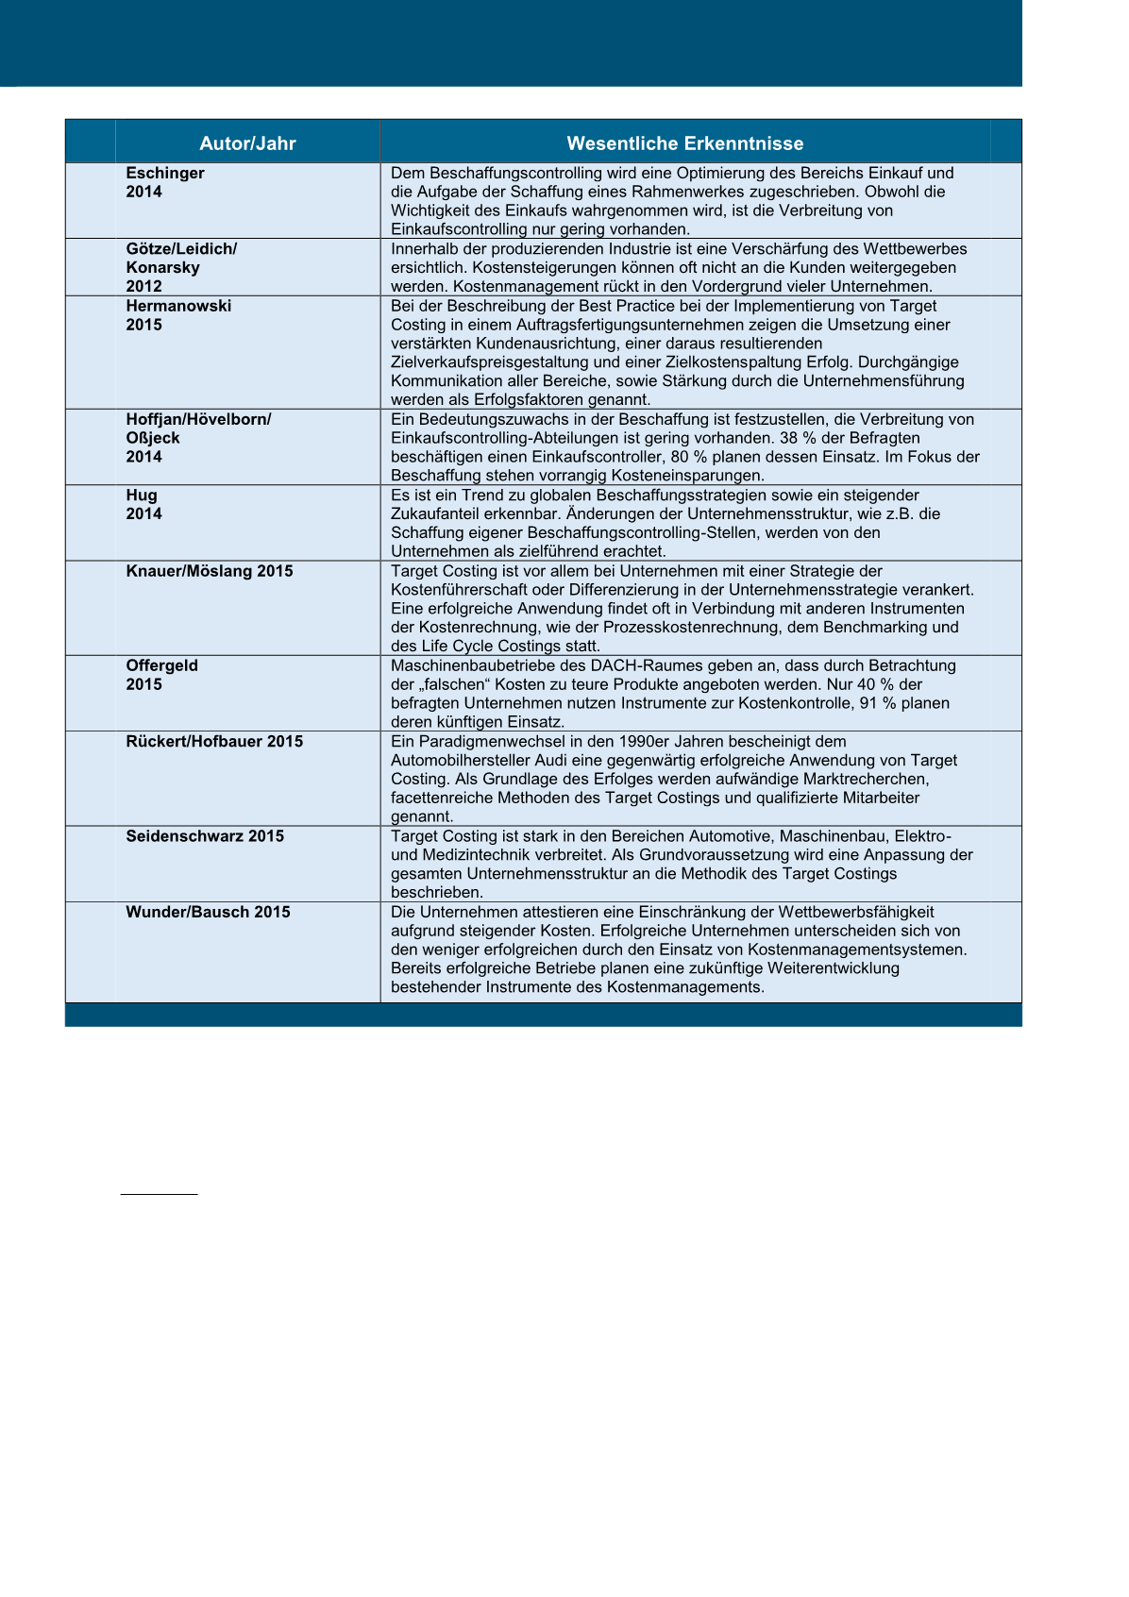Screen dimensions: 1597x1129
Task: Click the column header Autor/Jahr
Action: tap(247, 143)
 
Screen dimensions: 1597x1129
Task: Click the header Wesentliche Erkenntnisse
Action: tap(684, 143)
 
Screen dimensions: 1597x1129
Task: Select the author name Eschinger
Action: tap(165, 173)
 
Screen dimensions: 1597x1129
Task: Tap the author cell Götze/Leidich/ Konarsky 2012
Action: tap(181, 267)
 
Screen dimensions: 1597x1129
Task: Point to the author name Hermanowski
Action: tap(178, 306)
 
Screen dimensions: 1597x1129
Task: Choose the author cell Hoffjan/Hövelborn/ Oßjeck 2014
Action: tap(198, 438)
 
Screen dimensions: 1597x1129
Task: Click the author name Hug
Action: tap(142, 495)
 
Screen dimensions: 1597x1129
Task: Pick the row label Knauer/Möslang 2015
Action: tap(210, 571)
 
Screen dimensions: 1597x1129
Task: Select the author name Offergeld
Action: tap(162, 665)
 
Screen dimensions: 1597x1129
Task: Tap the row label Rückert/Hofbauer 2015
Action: tap(214, 741)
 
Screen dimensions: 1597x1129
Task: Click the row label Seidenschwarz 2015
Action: tap(205, 835)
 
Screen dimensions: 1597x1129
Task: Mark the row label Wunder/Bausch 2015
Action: tap(208, 912)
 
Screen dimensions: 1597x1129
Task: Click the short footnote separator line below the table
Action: tap(159, 1194)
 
